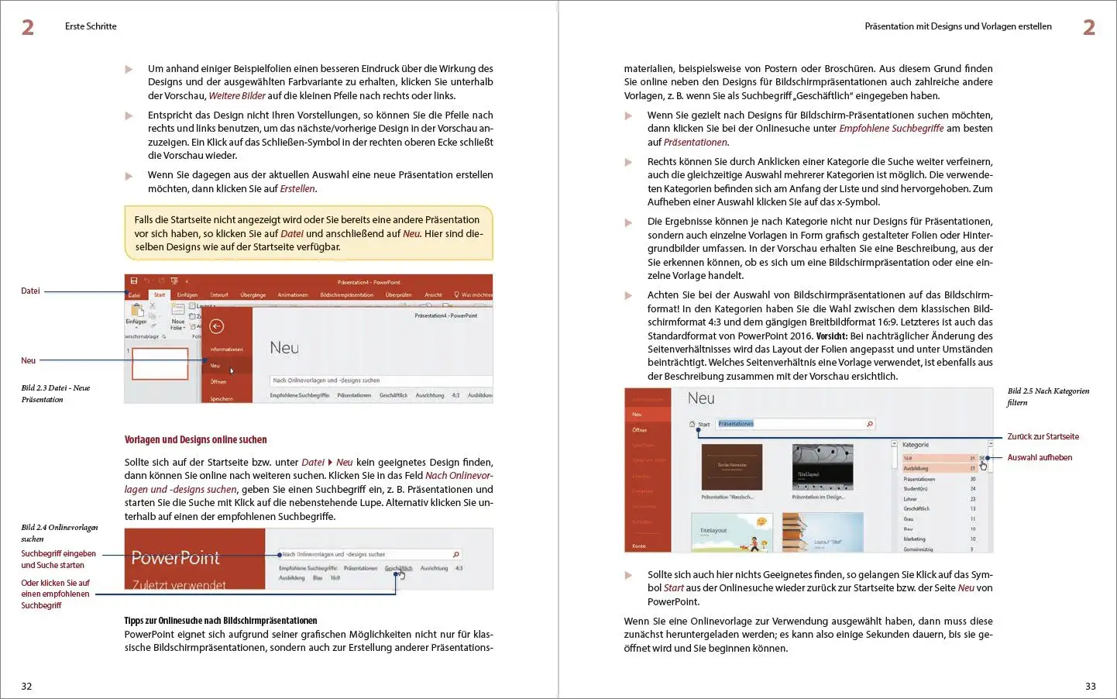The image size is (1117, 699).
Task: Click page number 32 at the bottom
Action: (26, 686)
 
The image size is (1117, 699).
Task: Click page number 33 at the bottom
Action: (1091, 686)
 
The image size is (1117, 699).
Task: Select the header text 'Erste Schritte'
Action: (91, 26)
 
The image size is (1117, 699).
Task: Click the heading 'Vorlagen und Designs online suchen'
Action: (195, 439)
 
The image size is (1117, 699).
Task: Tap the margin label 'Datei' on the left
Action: (30, 291)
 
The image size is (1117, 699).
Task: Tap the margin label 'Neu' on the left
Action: (28, 360)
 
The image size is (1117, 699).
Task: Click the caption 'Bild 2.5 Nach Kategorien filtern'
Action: (1047, 396)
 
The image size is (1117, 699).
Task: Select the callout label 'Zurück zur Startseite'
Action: (1043, 437)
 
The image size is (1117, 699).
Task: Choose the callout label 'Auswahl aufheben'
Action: (1040, 458)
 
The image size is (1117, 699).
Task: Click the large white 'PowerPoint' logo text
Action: (176, 558)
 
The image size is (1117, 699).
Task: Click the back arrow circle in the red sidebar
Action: (217, 326)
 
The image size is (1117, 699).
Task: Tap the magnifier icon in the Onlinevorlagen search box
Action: (455, 554)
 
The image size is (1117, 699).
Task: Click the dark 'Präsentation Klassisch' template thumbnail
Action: (731, 467)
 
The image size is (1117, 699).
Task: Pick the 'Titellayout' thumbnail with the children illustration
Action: (731, 532)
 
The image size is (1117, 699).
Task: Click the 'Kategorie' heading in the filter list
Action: (916, 445)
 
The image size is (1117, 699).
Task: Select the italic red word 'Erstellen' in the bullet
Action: (297, 189)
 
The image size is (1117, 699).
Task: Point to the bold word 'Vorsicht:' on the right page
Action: (832, 336)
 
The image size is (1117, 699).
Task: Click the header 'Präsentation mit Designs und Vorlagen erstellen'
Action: (958, 26)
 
